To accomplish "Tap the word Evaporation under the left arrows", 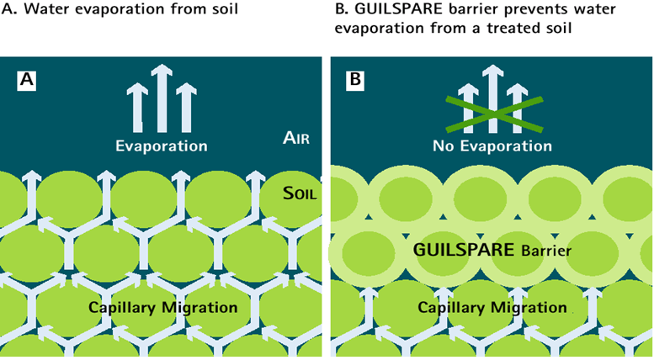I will (x=162, y=146).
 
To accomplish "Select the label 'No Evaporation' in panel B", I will (x=492, y=146).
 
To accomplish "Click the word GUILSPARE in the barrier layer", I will (x=460, y=250).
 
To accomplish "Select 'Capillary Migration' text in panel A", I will (x=163, y=307).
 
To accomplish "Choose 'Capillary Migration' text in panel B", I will (x=492, y=307).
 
